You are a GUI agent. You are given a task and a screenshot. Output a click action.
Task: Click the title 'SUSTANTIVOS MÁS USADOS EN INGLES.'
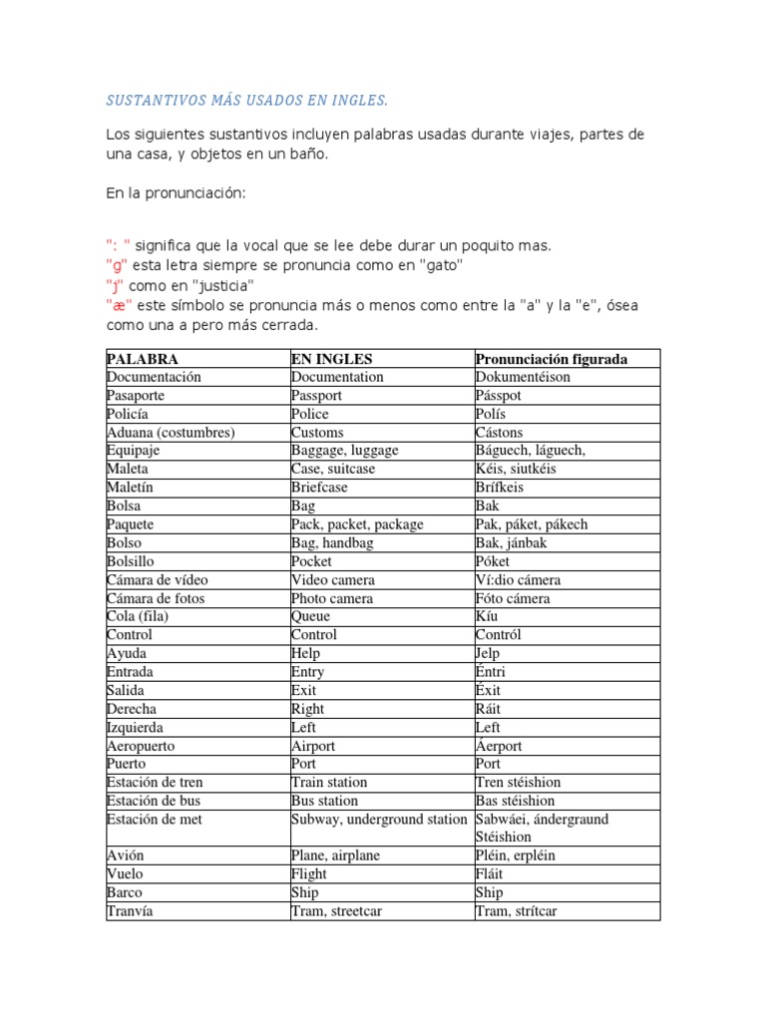(x=246, y=101)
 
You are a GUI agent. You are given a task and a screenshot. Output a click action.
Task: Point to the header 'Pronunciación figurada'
(x=552, y=359)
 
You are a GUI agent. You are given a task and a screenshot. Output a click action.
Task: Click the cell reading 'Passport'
(x=316, y=396)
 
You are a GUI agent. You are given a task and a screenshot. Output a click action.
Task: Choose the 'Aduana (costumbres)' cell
(x=171, y=433)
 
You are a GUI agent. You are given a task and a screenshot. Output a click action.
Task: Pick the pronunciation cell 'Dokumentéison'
(x=523, y=377)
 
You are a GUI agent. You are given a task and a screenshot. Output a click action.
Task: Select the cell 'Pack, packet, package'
(x=357, y=524)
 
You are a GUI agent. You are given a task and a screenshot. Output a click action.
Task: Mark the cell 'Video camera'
(x=333, y=579)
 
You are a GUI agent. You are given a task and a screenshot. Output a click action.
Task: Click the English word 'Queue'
(x=310, y=616)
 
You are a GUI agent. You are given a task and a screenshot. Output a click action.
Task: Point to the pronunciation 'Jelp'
(x=490, y=653)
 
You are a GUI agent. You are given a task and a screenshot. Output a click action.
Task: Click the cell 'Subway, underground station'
(x=379, y=819)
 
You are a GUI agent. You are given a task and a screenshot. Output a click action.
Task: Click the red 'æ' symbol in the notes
(x=114, y=304)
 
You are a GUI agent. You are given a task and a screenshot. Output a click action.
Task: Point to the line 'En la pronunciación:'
(x=175, y=192)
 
